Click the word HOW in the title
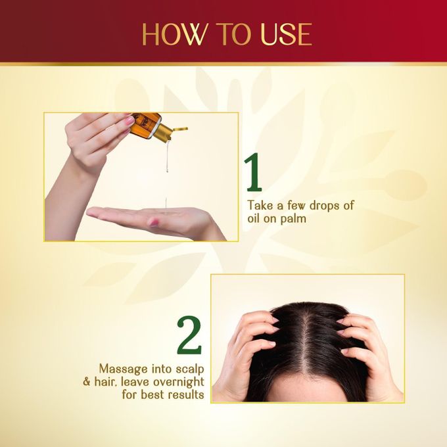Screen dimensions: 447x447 pos(174,34)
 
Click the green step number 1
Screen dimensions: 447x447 pos(254,172)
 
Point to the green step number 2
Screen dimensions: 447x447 pos(189,335)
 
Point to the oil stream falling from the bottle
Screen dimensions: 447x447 pos(168,155)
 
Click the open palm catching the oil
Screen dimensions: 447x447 pos(149,219)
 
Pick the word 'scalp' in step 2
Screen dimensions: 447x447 pos(190,369)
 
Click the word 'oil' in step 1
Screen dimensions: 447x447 pos(253,218)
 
